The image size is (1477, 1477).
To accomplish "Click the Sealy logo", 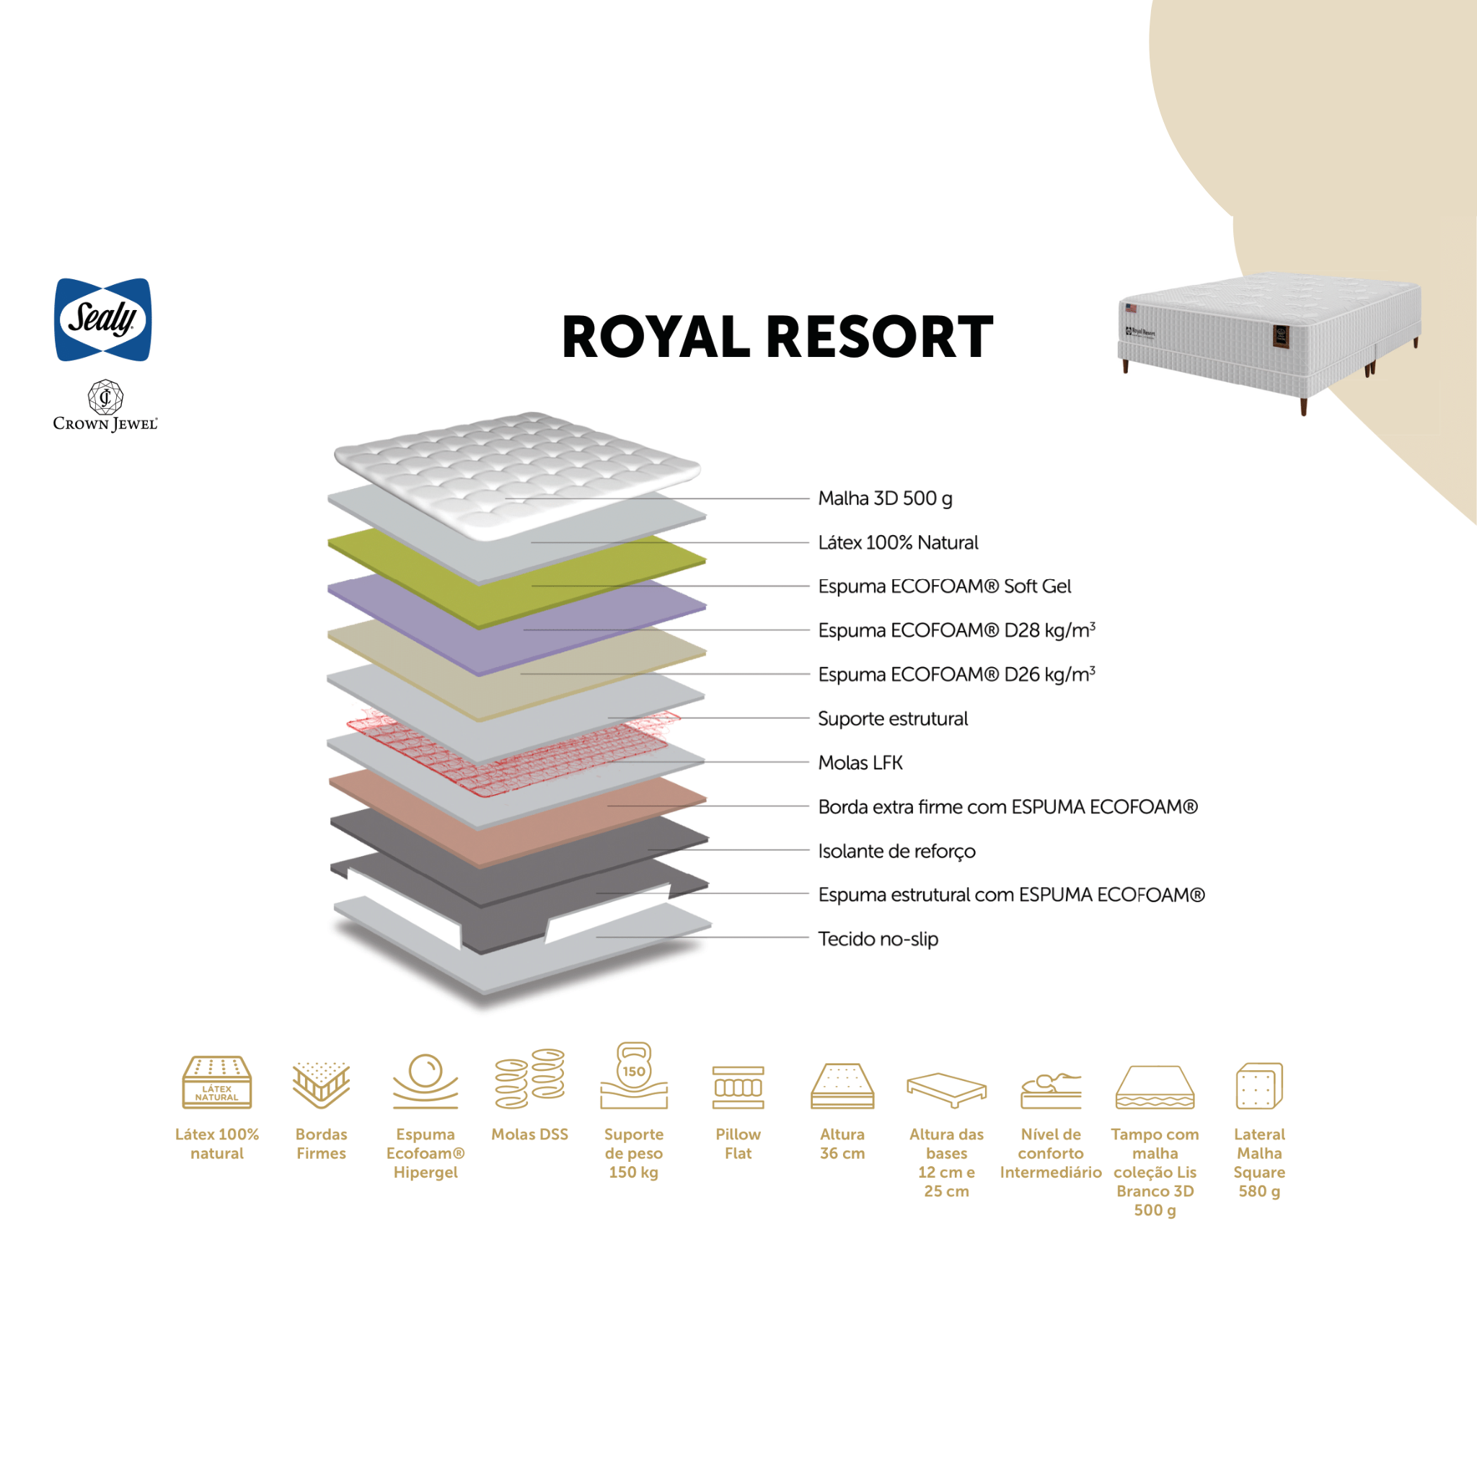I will click(x=103, y=319).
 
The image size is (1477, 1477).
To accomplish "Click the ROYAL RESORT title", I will click(x=777, y=337).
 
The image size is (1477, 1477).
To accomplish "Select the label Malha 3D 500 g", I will click(x=884, y=498).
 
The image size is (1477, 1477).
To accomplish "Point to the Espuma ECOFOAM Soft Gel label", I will click(x=944, y=586).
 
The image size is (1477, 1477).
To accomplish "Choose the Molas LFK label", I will click(x=860, y=763).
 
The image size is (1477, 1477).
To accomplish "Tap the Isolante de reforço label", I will click(x=896, y=851).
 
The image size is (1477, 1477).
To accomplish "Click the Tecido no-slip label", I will click(x=878, y=939).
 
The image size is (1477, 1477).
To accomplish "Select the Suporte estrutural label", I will click(x=892, y=718).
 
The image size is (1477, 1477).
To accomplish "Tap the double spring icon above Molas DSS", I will click(x=530, y=1079).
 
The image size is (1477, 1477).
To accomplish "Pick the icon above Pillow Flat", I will click(x=738, y=1087).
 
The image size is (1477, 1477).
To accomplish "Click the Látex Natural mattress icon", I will click(x=217, y=1083).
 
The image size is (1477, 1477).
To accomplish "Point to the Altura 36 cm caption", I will click(x=842, y=1144).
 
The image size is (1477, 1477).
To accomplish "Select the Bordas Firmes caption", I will click(x=321, y=1144).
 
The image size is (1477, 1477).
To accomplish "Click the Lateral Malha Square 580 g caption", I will click(x=1259, y=1162).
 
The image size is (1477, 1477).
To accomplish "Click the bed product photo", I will click(x=1269, y=336).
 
